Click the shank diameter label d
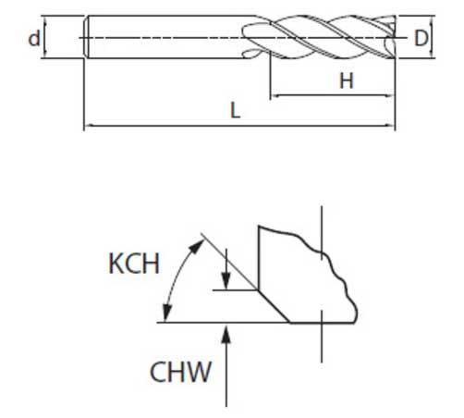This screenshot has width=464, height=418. (x=34, y=38)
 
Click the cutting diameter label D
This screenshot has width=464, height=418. (x=421, y=39)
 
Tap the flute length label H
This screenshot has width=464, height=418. (x=347, y=81)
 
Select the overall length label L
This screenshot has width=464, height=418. (x=236, y=111)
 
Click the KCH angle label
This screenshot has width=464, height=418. (x=134, y=264)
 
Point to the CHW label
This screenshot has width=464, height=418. (x=180, y=372)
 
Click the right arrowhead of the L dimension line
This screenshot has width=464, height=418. (x=390, y=126)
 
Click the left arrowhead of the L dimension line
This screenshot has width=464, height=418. (x=89, y=126)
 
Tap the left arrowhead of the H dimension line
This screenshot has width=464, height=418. (x=275, y=96)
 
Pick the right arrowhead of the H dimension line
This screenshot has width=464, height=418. (x=390, y=96)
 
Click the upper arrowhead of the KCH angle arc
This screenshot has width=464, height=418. (x=198, y=245)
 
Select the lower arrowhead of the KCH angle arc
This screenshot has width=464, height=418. (x=166, y=313)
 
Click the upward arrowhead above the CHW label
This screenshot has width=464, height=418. (x=226, y=334)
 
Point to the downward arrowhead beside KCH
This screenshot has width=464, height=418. (x=226, y=281)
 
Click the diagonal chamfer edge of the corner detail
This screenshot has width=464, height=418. (x=274, y=306)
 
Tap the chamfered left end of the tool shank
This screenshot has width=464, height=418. (x=86, y=37)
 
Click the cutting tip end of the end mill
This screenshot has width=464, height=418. (x=394, y=37)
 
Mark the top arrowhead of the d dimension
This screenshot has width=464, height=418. (x=45, y=20)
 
